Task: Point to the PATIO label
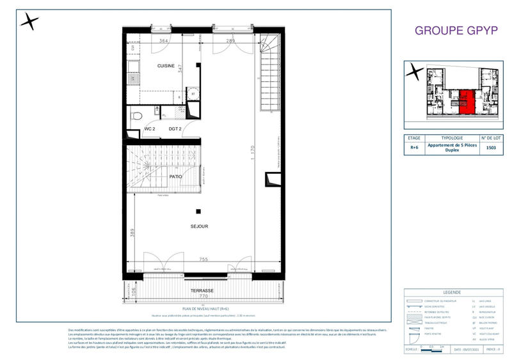tap(176, 176)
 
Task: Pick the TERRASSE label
tap(202, 291)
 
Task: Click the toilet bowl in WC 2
tap(136, 116)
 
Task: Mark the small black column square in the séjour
tap(198, 211)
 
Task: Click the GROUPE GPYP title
tap(456, 30)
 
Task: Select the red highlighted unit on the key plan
tap(467, 100)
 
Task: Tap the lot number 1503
tap(491, 148)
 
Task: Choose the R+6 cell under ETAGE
tap(415, 148)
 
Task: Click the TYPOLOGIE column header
tap(452, 137)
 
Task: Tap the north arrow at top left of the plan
tap(29, 22)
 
